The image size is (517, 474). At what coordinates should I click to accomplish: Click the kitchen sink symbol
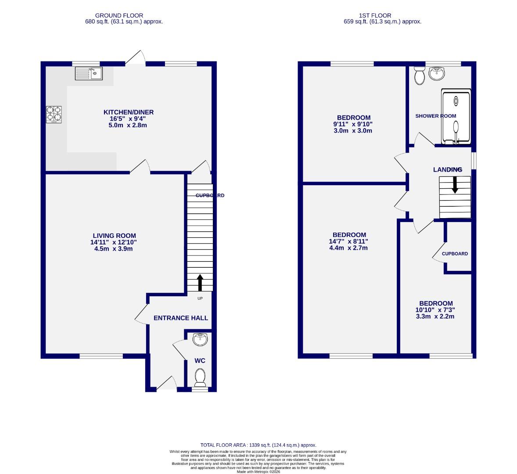tap(89, 73)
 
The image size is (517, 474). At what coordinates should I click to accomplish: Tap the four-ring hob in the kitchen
tap(54, 115)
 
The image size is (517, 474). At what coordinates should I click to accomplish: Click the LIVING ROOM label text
tap(114, 236)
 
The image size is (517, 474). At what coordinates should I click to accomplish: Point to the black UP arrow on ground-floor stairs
tap(200, 283)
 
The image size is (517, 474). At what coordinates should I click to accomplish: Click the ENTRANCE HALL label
tap(180, 318)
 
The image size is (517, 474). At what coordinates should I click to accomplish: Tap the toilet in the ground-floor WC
tap(200, 376)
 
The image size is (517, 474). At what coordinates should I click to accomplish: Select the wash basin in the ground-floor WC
tap(200, 338)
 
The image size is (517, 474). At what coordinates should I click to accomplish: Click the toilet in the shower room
tap(419, 76)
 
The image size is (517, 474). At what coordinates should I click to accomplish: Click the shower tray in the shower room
tap(456, 117)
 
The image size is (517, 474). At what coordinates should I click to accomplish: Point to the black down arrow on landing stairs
tap(455, 185)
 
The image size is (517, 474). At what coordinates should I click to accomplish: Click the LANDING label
tap(447, 169)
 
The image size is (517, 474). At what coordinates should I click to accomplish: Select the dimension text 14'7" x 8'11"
tap(349, 241)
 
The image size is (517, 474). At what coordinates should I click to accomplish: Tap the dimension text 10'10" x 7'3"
tap(435, 310)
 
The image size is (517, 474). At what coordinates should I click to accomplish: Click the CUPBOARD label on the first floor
tap(455, 254)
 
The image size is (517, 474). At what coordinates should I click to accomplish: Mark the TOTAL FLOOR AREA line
tap(258, 445)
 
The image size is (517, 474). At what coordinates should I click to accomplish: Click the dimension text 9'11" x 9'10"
tap(353, 124)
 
